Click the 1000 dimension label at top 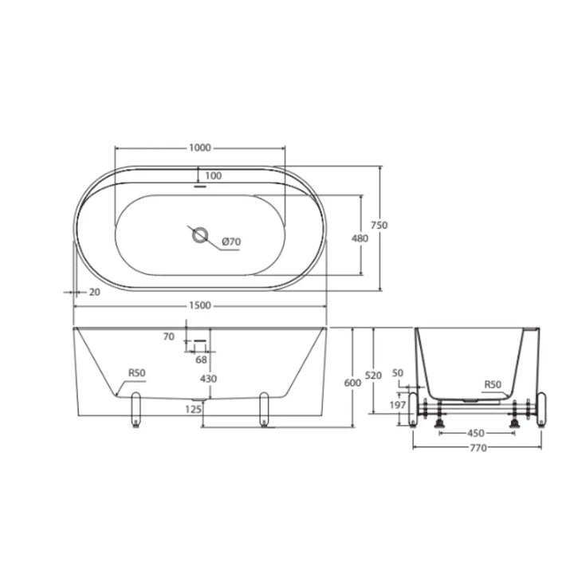click(200, 147)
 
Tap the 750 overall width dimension click(379, 225)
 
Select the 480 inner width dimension click(360, 238)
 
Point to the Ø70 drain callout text click(232, 242)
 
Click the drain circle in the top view click(200, 235)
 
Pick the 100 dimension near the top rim click(214, 176)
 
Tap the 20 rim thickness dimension click(94, 292)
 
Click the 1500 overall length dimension click(200, 305)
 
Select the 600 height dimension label click(352, 383)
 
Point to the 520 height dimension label click(373, 375)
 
